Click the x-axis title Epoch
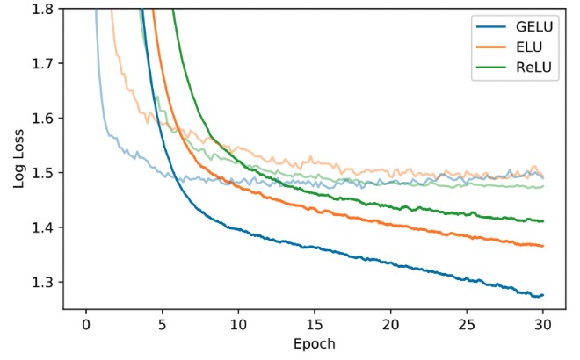[x=315, y=342]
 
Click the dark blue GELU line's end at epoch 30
[x=544, y=295]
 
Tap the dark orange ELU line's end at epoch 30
[x=544, y=246]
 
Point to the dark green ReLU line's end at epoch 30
[x=544, y=221]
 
